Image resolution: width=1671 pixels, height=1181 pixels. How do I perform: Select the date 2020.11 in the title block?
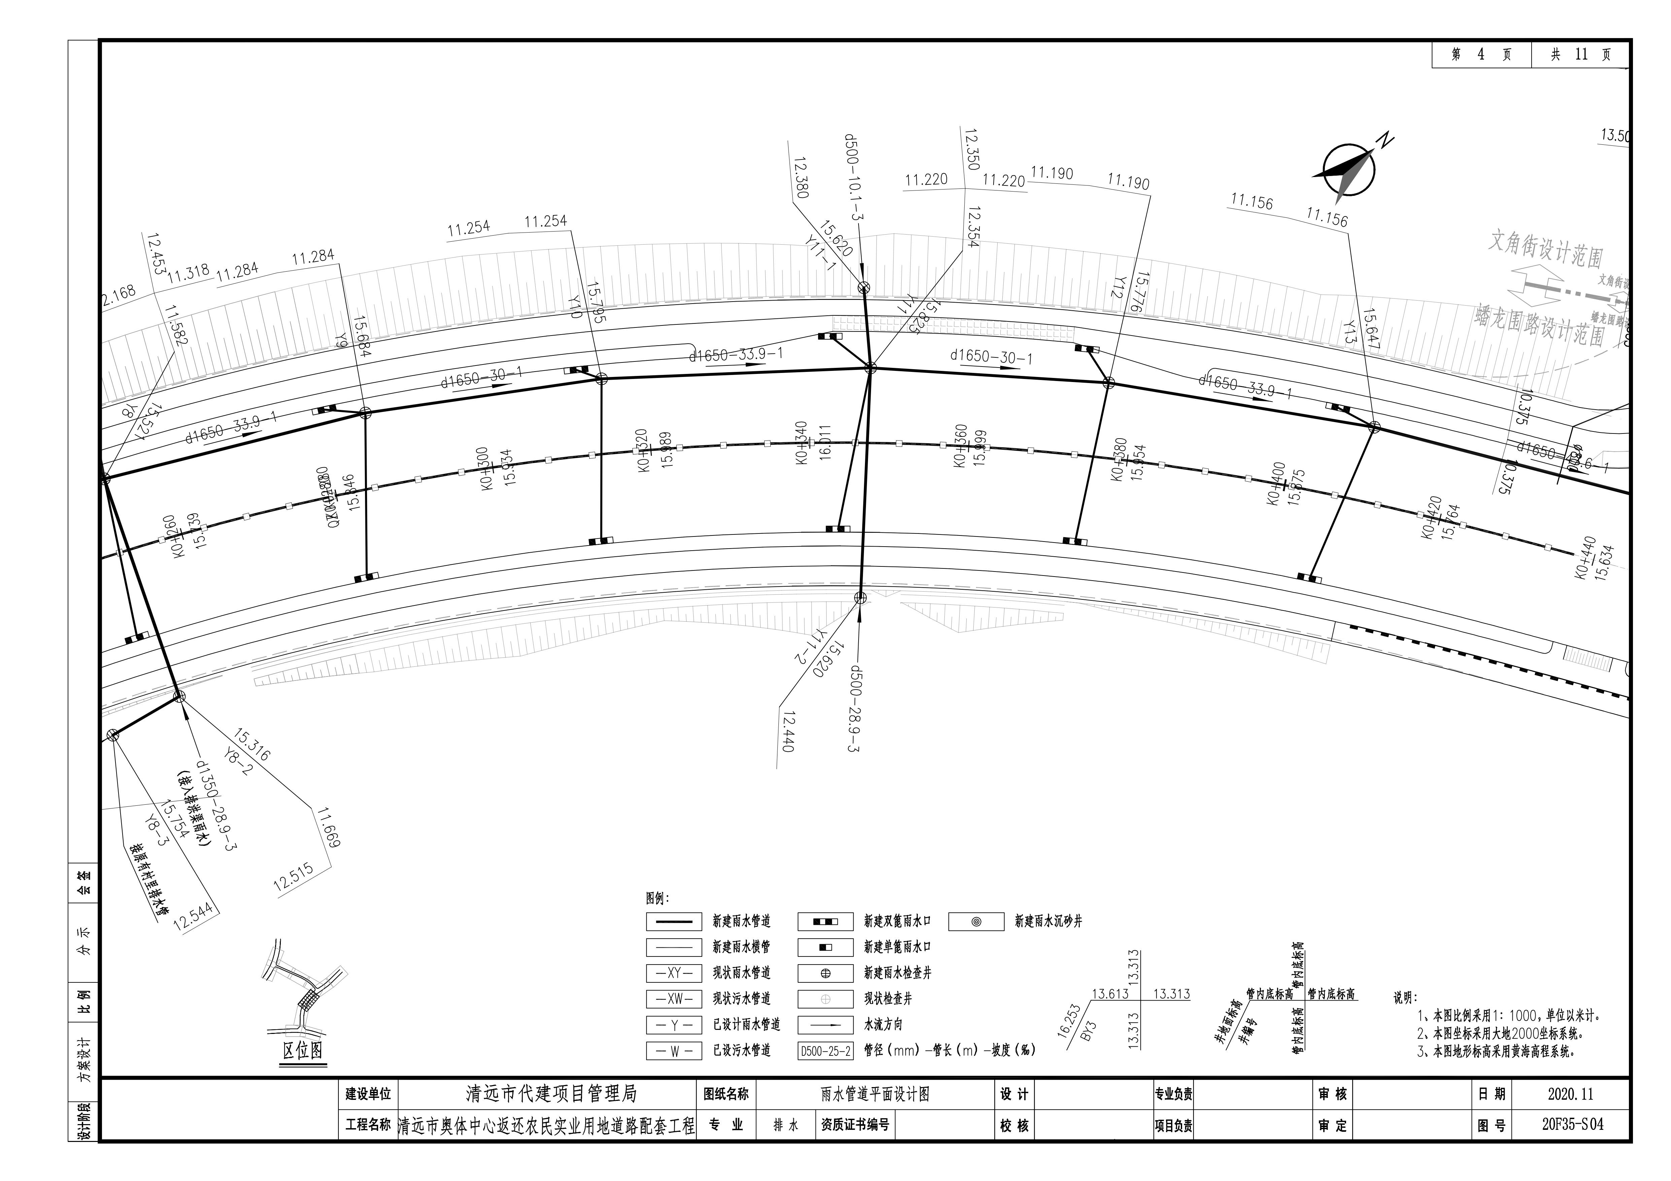point(1571,1094)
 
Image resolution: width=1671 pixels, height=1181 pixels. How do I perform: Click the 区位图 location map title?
point(303,1050)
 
